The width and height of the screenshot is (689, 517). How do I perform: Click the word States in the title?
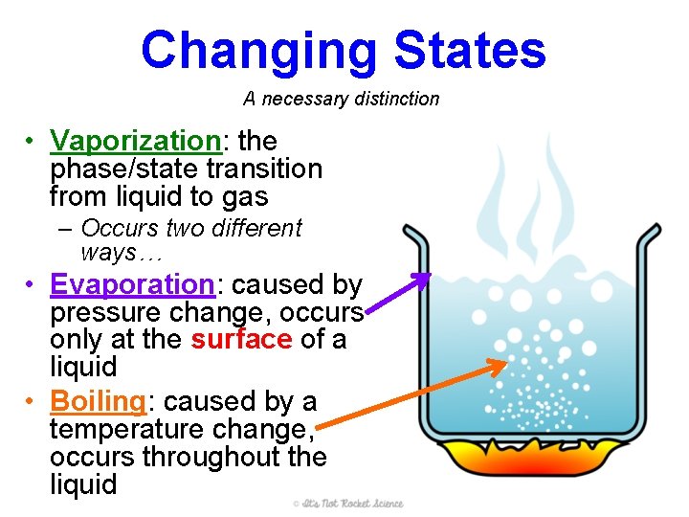(469, 50)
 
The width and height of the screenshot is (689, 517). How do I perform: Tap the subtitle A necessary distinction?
(341, 99)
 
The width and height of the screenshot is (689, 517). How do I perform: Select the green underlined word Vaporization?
(136, 141)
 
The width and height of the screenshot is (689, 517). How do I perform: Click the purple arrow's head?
(421, 279)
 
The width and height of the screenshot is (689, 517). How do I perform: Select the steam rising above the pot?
(536, 191)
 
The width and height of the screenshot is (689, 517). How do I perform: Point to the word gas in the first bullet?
(244, 197)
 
